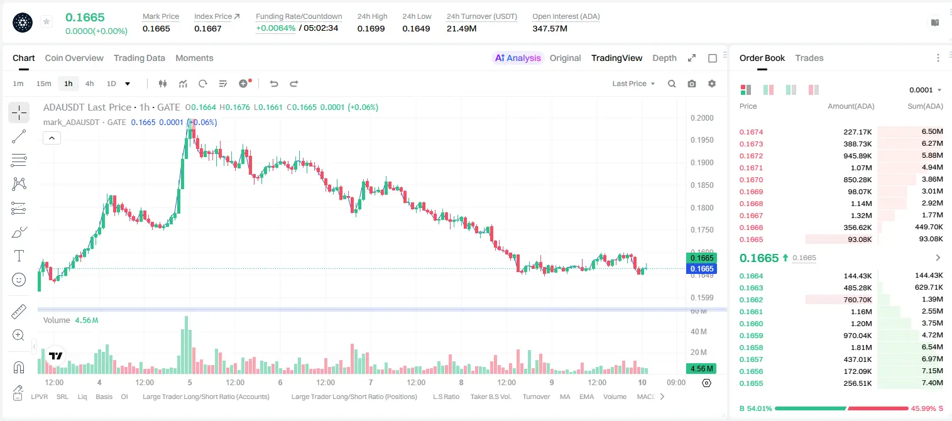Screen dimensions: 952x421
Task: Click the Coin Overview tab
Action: (74, 58)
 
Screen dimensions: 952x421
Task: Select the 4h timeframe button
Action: (89, 84)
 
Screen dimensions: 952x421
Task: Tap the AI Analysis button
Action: (518, 58)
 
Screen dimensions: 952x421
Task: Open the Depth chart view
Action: (664, 58)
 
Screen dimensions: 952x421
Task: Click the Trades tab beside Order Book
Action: (809, 58)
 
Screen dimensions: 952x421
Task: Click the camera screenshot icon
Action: (692, 84)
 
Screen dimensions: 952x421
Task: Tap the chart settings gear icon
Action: (712, 84)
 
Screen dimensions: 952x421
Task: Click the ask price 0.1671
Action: (751, 168)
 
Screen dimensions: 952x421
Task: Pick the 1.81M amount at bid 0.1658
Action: (861, 347)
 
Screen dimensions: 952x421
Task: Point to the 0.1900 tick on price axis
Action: (702, 163)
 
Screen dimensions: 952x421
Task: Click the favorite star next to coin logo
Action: (47, 21)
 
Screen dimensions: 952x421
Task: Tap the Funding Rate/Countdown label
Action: (298, 16)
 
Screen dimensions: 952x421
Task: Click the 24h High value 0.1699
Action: (371, 28)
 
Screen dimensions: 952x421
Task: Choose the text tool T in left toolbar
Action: (19, 256)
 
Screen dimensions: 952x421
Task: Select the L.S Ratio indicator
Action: (446, 396)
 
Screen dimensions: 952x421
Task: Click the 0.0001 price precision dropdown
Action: (925, 90)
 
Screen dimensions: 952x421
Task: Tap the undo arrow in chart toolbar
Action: (274, 84)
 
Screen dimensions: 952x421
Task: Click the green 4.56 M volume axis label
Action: (701, 369)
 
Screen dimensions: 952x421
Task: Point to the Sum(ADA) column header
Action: (925, 106)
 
